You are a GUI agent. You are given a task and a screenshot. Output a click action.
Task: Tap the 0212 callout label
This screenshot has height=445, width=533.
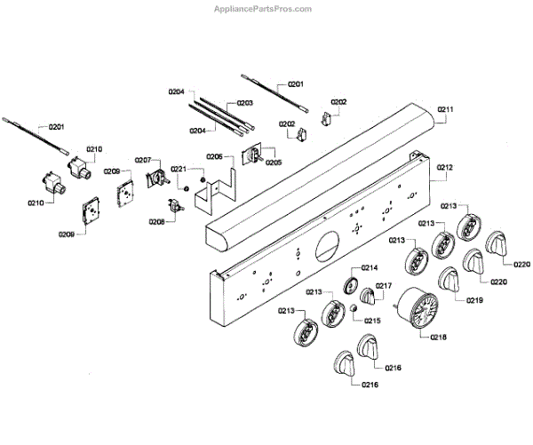coord(445,167)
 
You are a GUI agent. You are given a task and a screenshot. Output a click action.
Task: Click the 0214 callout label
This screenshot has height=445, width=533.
coord(369,267)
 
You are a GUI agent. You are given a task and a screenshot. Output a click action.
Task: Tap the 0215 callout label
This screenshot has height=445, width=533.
coord(371,320)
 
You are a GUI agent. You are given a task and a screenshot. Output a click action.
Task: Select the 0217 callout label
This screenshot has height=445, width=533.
coord(384,286)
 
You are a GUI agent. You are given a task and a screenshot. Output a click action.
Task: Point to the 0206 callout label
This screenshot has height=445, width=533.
coord(214,156)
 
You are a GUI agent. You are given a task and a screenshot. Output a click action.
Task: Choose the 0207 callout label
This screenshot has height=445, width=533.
coord(143,161)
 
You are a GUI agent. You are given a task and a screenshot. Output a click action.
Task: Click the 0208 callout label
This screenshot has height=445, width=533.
coord(156,221)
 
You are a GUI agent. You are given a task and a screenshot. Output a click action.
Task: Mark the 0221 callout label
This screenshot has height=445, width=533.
coord(179,169)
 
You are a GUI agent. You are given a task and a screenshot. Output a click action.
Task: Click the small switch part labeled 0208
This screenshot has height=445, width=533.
coord(176,208)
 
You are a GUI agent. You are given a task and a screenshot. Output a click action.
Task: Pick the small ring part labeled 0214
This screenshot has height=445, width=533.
coord(347,284)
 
